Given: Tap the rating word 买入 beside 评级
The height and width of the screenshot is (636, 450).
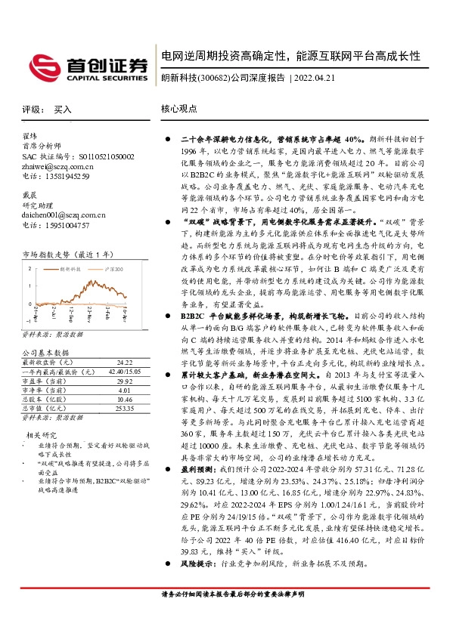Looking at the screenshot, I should point(63,110).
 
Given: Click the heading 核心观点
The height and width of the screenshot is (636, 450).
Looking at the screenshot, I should point(178,109).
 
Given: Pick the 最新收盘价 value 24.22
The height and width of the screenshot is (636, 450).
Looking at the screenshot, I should point(125,363).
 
